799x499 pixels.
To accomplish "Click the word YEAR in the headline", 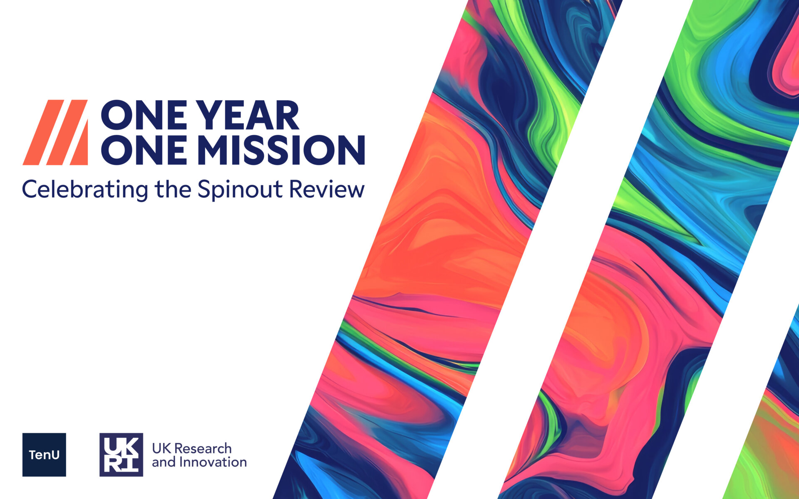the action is [247, 115].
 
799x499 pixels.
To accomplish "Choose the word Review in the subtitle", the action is [327, 189].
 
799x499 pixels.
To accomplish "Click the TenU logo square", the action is [44, 455].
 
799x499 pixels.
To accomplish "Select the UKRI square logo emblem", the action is [121, 455].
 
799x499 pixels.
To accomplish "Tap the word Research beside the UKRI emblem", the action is [203, 448].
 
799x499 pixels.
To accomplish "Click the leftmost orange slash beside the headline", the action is [43, 132].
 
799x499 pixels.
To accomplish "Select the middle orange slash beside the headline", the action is [67, 132].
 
